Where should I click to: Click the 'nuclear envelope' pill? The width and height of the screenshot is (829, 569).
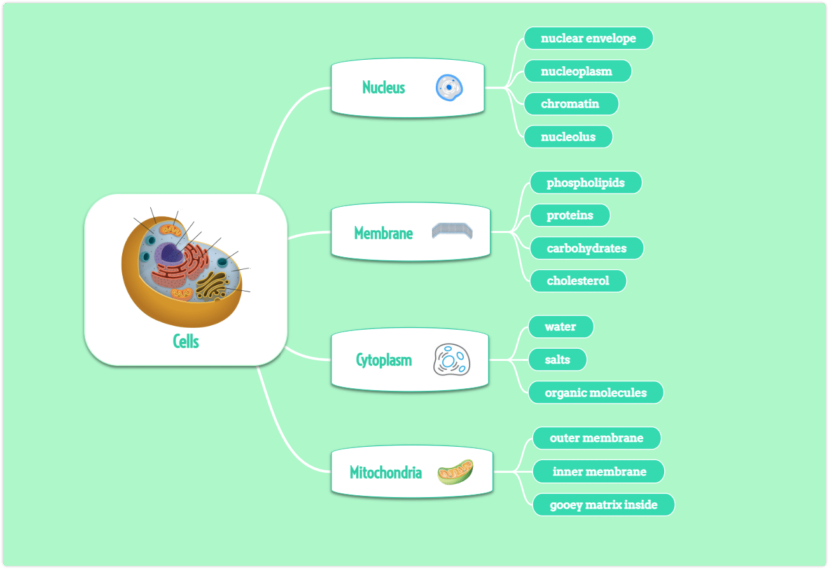click(589, 38)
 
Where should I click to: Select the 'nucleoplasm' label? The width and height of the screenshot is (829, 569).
click(578, 71)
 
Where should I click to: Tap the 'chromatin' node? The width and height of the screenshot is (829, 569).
click(571, 104)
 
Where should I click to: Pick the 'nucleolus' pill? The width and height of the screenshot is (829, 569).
click(568, 137)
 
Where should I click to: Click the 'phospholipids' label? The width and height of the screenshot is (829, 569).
click(586, 182)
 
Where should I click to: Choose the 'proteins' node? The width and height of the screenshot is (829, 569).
click(570, 215)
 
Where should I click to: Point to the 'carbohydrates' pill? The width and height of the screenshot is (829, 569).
click(587, 248)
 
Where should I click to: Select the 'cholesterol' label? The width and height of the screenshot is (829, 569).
click(578, 281)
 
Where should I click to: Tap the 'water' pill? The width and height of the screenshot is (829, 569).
click(561, 327)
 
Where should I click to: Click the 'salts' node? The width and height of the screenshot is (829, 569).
click(557, 360)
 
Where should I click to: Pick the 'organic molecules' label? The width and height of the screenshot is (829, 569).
click(596, 393)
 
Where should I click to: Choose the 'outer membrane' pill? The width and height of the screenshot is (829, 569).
click(597, 438)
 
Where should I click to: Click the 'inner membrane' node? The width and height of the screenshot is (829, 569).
click(599, 471)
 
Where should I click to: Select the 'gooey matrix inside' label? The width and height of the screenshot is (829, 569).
click(604, 505)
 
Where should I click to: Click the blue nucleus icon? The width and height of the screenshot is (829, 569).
click(449, 88)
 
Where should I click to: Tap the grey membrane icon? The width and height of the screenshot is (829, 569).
click(452, 231)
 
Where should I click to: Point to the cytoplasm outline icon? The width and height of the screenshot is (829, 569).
click(452, 360)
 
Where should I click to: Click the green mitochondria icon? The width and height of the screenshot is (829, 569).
click(455, 472)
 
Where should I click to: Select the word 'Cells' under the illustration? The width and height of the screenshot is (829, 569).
click(186, 341)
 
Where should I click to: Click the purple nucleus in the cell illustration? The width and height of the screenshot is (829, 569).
click(169, 254)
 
